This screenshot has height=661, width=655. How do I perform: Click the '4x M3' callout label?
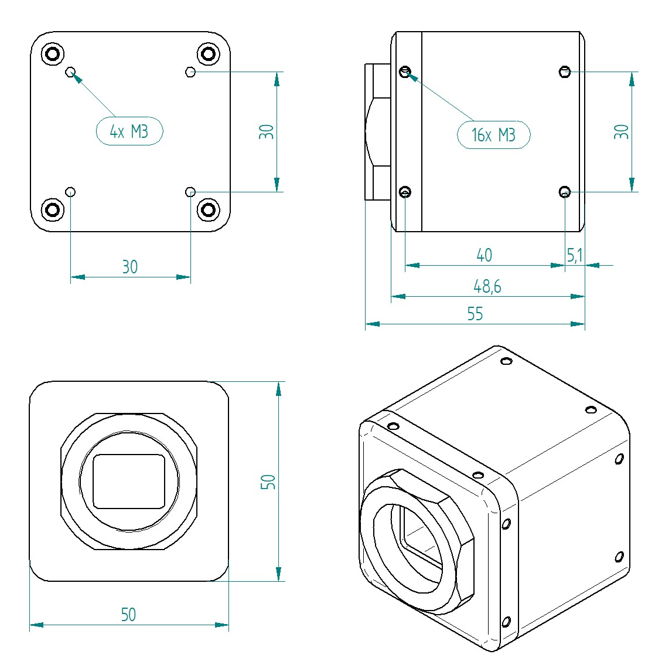tap(129, 131)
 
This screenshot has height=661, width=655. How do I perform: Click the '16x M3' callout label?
tap(493, 135)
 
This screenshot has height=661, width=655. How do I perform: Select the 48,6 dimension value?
tap(487, 286)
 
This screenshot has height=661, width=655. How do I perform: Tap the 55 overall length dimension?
tap(475, 314)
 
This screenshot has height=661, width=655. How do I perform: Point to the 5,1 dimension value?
tap(575, 255)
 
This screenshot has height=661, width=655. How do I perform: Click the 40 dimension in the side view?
tap(484, 255)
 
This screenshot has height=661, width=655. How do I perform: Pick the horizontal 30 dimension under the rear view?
tap(129, 267)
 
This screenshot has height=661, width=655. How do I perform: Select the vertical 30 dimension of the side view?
tap(622, 131)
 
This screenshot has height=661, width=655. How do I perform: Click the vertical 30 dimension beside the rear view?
tap(267, 131)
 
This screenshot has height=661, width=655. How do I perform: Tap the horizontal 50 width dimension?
tap(128, 614)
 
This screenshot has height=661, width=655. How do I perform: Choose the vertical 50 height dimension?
tap(268, 482)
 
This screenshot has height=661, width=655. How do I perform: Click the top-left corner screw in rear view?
tap(52, 55)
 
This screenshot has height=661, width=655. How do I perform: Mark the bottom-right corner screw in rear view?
tap(208, 209)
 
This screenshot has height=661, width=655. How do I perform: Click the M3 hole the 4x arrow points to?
tap(70, 72)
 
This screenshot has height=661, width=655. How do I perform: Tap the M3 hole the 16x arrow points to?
tap(405, 72)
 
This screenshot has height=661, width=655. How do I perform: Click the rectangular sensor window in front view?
tap(129, 481)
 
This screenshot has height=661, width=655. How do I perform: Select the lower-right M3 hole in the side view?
tap(565, 192)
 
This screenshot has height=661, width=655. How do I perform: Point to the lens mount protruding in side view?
tap(378, 132)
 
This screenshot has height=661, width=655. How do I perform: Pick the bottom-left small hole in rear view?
tap(70, 192)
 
